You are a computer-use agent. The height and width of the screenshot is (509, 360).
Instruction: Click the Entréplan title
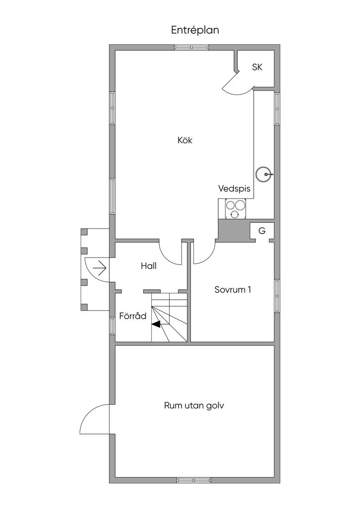pyautogui.click(x=195, y=30)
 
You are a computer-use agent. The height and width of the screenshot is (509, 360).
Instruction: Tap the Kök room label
pyautogui.click(x=184, y=140)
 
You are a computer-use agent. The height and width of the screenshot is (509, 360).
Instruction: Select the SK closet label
pyautogui.click(x=257, y=67)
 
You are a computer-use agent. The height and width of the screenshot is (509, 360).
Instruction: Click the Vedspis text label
pyautogui.click(x=234, y=188)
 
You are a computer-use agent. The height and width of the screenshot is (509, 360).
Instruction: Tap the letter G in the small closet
pyautogui.click(x=262, y=231)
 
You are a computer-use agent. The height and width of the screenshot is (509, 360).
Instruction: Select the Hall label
pyautogui.click(x=149, y=266)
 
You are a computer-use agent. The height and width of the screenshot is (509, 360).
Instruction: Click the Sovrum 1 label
pyautogui.click(x=232, y=290)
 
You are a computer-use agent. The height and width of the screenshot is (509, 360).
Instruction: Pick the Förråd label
pyautogui.click(x=133, y=316)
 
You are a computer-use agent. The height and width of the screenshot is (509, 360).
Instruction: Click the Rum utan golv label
pyautogui.click(x=194, y=406)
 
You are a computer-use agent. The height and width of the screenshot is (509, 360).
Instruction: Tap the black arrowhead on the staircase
pyautogui.click(x=156, y=324)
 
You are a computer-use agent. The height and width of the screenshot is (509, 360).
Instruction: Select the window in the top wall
pyautogui.click(x=191, y=47)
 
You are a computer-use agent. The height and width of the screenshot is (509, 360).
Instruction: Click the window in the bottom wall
pyautogui.click(x=194, y=480)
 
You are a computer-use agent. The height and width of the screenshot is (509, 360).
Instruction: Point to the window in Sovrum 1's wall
pyautogui.click(x=277, y=296)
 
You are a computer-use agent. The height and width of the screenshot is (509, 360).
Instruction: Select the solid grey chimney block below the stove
pyautogui.click(x=233, y=231)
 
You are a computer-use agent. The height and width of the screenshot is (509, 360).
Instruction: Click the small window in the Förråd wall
pyautogui.click(x=112, y=326)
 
